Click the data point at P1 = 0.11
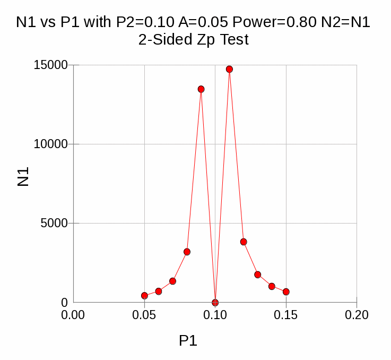tap(229, 69)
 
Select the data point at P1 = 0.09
tap(201, 89)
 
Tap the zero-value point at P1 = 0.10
tap(215, 303)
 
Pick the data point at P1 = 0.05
tap(144, 296)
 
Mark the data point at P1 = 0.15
tap(286, 292)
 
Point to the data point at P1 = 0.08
tap(187, 252)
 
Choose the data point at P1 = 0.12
tap(244, 242)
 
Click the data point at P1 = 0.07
tap(172, 281)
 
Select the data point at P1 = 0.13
tap(258, 275)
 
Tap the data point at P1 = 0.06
tap(159, 291)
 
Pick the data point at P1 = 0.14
tap(272, 286)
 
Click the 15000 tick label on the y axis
tap(51, 65)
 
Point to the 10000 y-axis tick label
tap(51, 144)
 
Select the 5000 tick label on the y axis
tap(55, 223)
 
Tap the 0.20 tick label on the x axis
tap(357, 315)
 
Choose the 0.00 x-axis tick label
tap(73, 315)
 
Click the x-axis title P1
tap(188, 341)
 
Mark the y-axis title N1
tap(23, 177)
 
